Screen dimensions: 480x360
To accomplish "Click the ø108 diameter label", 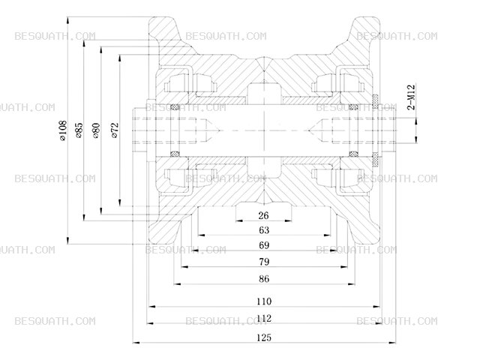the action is (63, 130).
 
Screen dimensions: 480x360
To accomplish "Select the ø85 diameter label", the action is (79, 130).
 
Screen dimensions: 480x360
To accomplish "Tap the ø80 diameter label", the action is (96, 130).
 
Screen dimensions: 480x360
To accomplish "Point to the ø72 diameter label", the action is (115, 130).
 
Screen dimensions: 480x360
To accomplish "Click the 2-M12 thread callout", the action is (411, 97).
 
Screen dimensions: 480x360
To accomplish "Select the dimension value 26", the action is (263, 215).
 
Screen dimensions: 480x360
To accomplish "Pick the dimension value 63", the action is (264, 230).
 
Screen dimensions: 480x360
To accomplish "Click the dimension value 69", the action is (264, 245).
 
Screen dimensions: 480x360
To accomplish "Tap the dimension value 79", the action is (264, 262).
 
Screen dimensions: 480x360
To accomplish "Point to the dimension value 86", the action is (264, 279).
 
